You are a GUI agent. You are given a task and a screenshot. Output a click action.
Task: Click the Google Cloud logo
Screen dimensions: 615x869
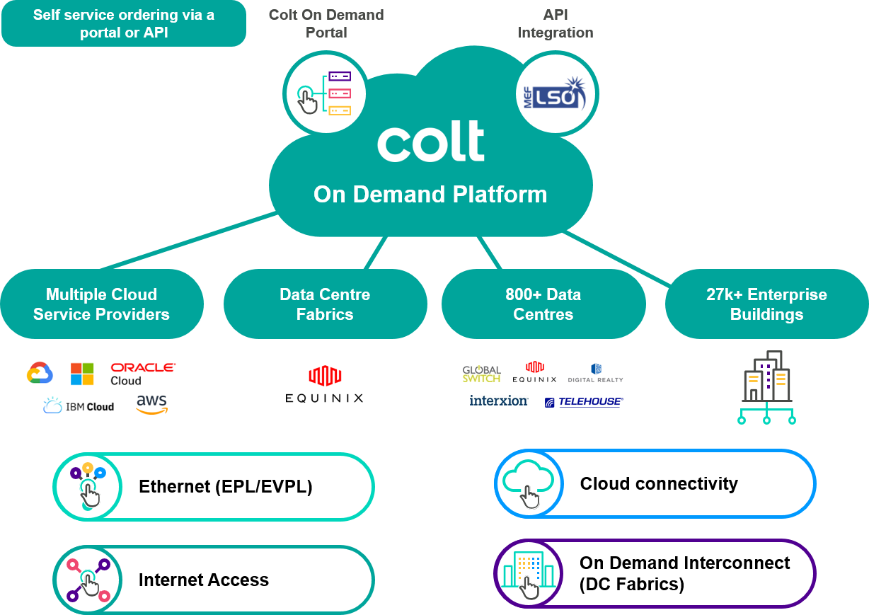coord(40,372)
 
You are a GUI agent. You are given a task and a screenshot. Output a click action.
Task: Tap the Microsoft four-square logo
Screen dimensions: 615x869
coord(82,374)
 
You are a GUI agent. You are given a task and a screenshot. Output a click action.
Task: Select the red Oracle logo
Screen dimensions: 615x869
coord(143,367)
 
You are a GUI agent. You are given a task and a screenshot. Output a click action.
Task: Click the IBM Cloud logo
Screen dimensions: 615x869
coord(79,406)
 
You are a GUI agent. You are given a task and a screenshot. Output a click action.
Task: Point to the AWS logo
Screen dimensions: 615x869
coord(151,404)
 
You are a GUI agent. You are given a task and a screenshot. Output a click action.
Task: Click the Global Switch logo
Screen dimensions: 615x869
coord(482,374)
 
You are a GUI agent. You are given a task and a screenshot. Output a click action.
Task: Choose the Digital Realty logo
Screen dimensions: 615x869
coord(595,373)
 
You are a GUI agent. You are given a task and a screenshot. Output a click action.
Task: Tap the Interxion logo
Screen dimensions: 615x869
coord(499,401)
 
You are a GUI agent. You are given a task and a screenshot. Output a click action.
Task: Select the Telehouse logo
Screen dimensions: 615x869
coord(584,402)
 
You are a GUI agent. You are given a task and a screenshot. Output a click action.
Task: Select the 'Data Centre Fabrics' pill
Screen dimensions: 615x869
coord(325,304)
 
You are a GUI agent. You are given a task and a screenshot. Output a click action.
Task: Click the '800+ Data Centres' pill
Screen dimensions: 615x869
coord(543,304)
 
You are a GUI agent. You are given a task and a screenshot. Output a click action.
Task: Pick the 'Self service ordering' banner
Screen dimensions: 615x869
coord(124,24)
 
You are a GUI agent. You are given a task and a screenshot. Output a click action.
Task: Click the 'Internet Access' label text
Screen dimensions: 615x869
coord(204,580)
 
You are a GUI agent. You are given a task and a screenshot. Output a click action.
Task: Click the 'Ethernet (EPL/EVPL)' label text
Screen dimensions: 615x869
coord(226,487)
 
